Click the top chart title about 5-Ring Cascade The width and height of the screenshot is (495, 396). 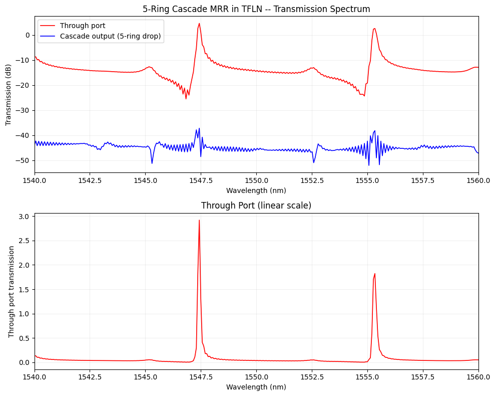256,9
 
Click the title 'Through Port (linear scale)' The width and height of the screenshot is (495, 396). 256,206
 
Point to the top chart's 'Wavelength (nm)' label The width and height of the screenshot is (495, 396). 256,190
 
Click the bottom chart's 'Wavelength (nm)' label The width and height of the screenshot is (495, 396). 256,387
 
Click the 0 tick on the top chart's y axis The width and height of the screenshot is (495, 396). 29,35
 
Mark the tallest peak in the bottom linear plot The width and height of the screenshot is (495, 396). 199,220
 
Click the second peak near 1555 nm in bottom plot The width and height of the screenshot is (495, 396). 374,274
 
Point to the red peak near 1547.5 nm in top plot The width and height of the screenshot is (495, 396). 199,24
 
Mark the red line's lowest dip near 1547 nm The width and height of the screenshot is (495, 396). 186,98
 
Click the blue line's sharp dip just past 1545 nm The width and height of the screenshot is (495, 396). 152,163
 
